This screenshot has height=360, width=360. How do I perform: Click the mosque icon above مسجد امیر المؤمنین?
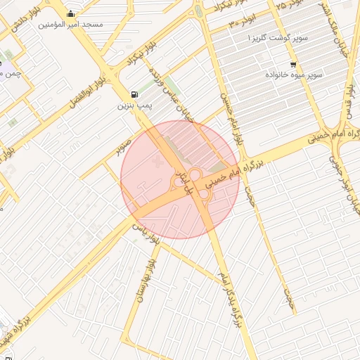click(x=70, y=13)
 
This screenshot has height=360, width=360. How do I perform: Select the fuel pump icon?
click(x=134, y=94)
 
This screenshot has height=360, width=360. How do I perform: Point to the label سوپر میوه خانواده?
click(x=294, y=75)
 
